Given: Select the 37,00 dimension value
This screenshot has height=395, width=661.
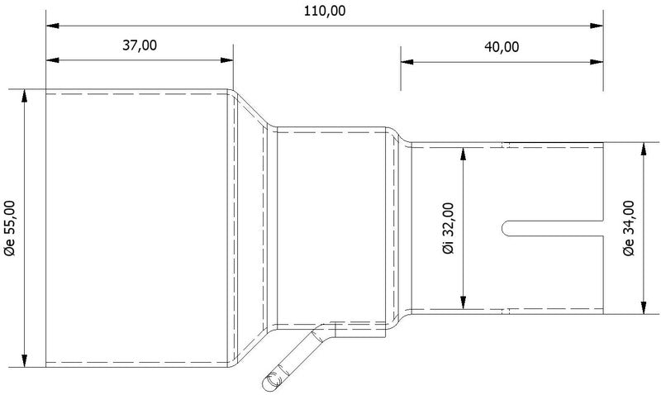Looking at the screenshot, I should (140, 45).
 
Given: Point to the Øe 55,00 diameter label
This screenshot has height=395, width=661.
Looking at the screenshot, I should (11, 226).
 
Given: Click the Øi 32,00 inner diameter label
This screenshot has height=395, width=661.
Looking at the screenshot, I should (448, 227).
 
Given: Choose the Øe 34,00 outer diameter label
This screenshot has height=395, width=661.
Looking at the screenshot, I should (628, 228).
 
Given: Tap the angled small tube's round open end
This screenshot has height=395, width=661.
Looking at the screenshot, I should (268, 380).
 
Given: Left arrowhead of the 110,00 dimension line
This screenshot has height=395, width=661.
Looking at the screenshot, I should (51, 26).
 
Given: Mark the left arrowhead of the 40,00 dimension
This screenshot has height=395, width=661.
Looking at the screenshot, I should (406, 59).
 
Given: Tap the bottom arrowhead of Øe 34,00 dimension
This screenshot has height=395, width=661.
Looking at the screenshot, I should (644, 308).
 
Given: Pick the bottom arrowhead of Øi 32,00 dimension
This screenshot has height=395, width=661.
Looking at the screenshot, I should (464, 303).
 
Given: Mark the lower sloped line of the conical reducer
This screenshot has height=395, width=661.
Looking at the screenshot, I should (250, 346).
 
